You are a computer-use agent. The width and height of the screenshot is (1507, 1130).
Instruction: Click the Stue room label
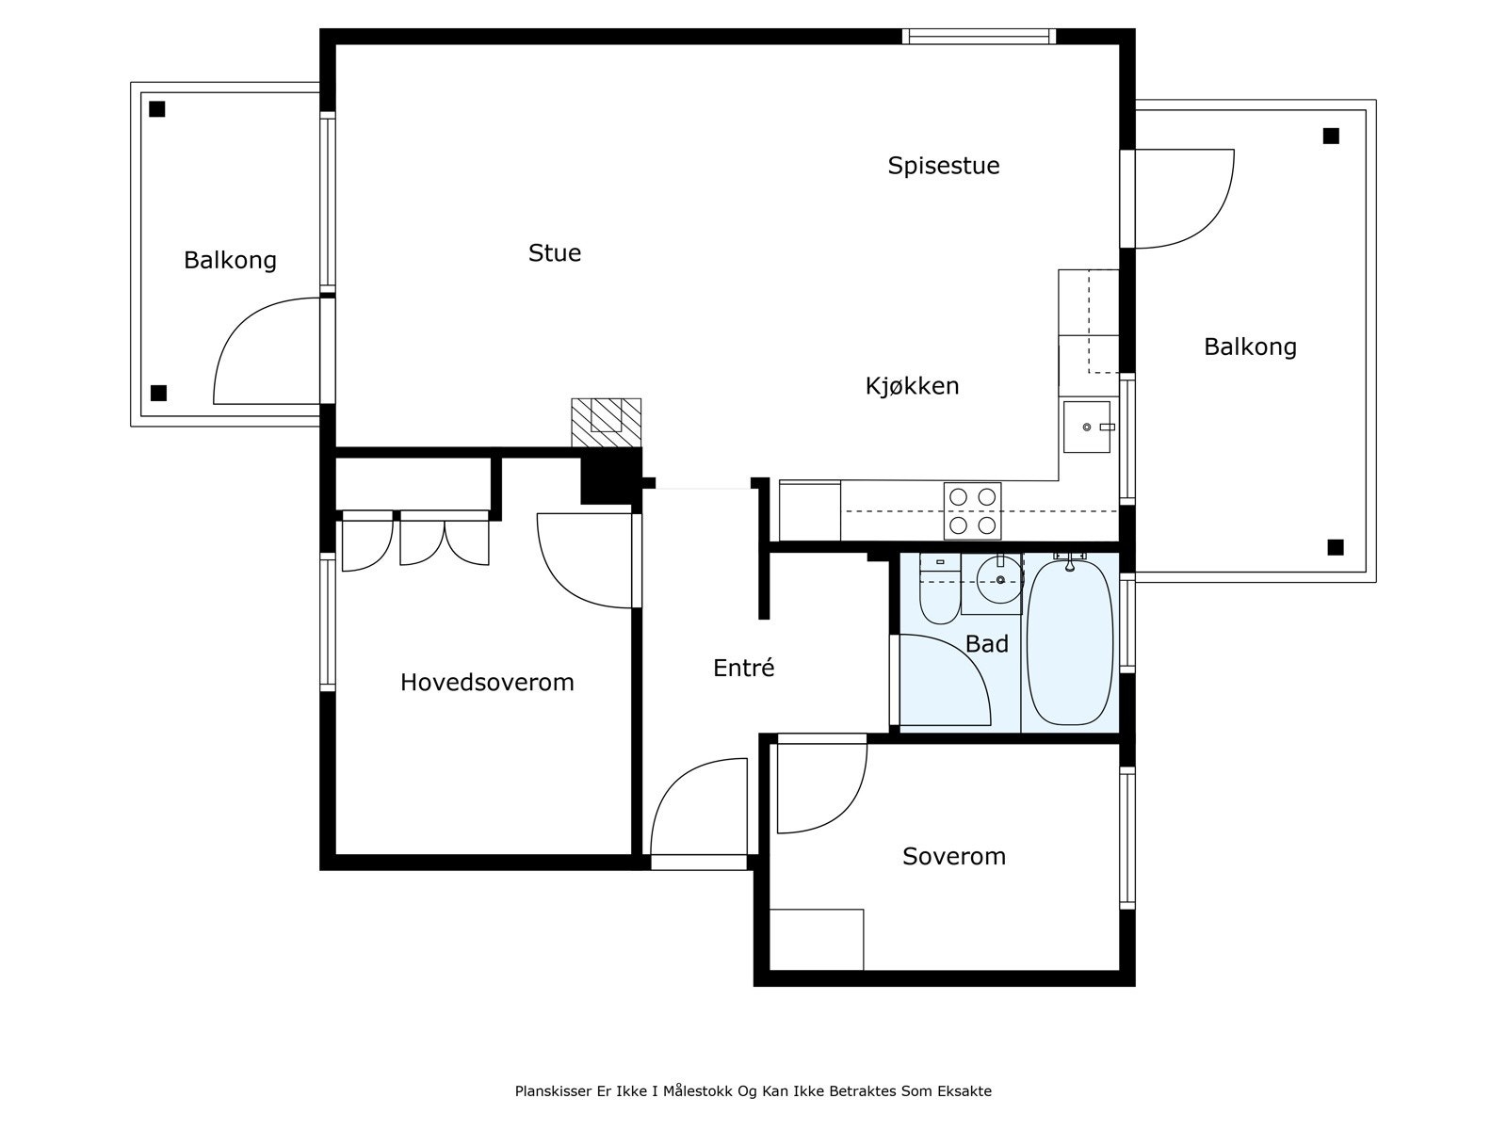(x=554, y=253)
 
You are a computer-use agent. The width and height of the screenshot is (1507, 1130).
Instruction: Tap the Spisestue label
(x=944, y=166)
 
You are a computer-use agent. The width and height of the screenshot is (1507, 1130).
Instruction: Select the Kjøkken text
(x=912, y=386)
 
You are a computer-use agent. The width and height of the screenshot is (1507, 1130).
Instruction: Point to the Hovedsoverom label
(x=487, y=683)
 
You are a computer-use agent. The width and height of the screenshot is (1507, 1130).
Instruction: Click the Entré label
(x=743, y=668)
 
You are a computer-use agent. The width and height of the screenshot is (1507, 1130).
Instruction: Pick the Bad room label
(x=986, y=644)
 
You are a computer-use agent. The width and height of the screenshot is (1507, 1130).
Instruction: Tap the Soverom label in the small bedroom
(x=953, y=857)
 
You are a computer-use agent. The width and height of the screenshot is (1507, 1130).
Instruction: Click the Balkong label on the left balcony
(x=230, y=261)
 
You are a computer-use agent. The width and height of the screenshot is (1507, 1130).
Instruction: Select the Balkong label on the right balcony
(x=1250, y=347)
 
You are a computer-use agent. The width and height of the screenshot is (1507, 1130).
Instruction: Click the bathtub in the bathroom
(x=1069, y=643)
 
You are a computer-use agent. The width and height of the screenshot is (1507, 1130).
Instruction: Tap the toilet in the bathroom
(x=939, y=589)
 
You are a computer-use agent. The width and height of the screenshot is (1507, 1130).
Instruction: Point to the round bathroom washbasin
(x=999, y=580)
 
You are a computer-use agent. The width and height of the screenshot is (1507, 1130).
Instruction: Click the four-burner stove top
(x=972, y=511)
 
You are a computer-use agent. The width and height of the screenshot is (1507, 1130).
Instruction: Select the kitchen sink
(x=1087, y=427)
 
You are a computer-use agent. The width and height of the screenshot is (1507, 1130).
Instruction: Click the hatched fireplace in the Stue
(x=607, y=424)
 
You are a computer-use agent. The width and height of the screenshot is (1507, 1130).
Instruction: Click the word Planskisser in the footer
(x=554, y=1091)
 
